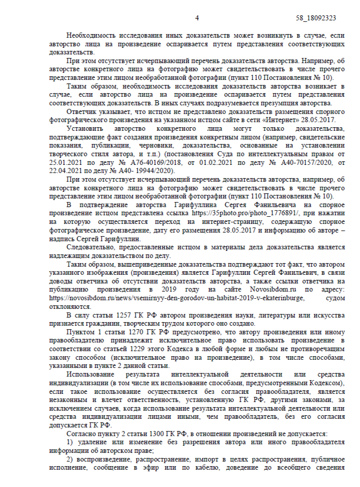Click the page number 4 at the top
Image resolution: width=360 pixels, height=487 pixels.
(x=197, y=18)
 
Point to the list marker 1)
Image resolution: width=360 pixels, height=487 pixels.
(x=70, y=442)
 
